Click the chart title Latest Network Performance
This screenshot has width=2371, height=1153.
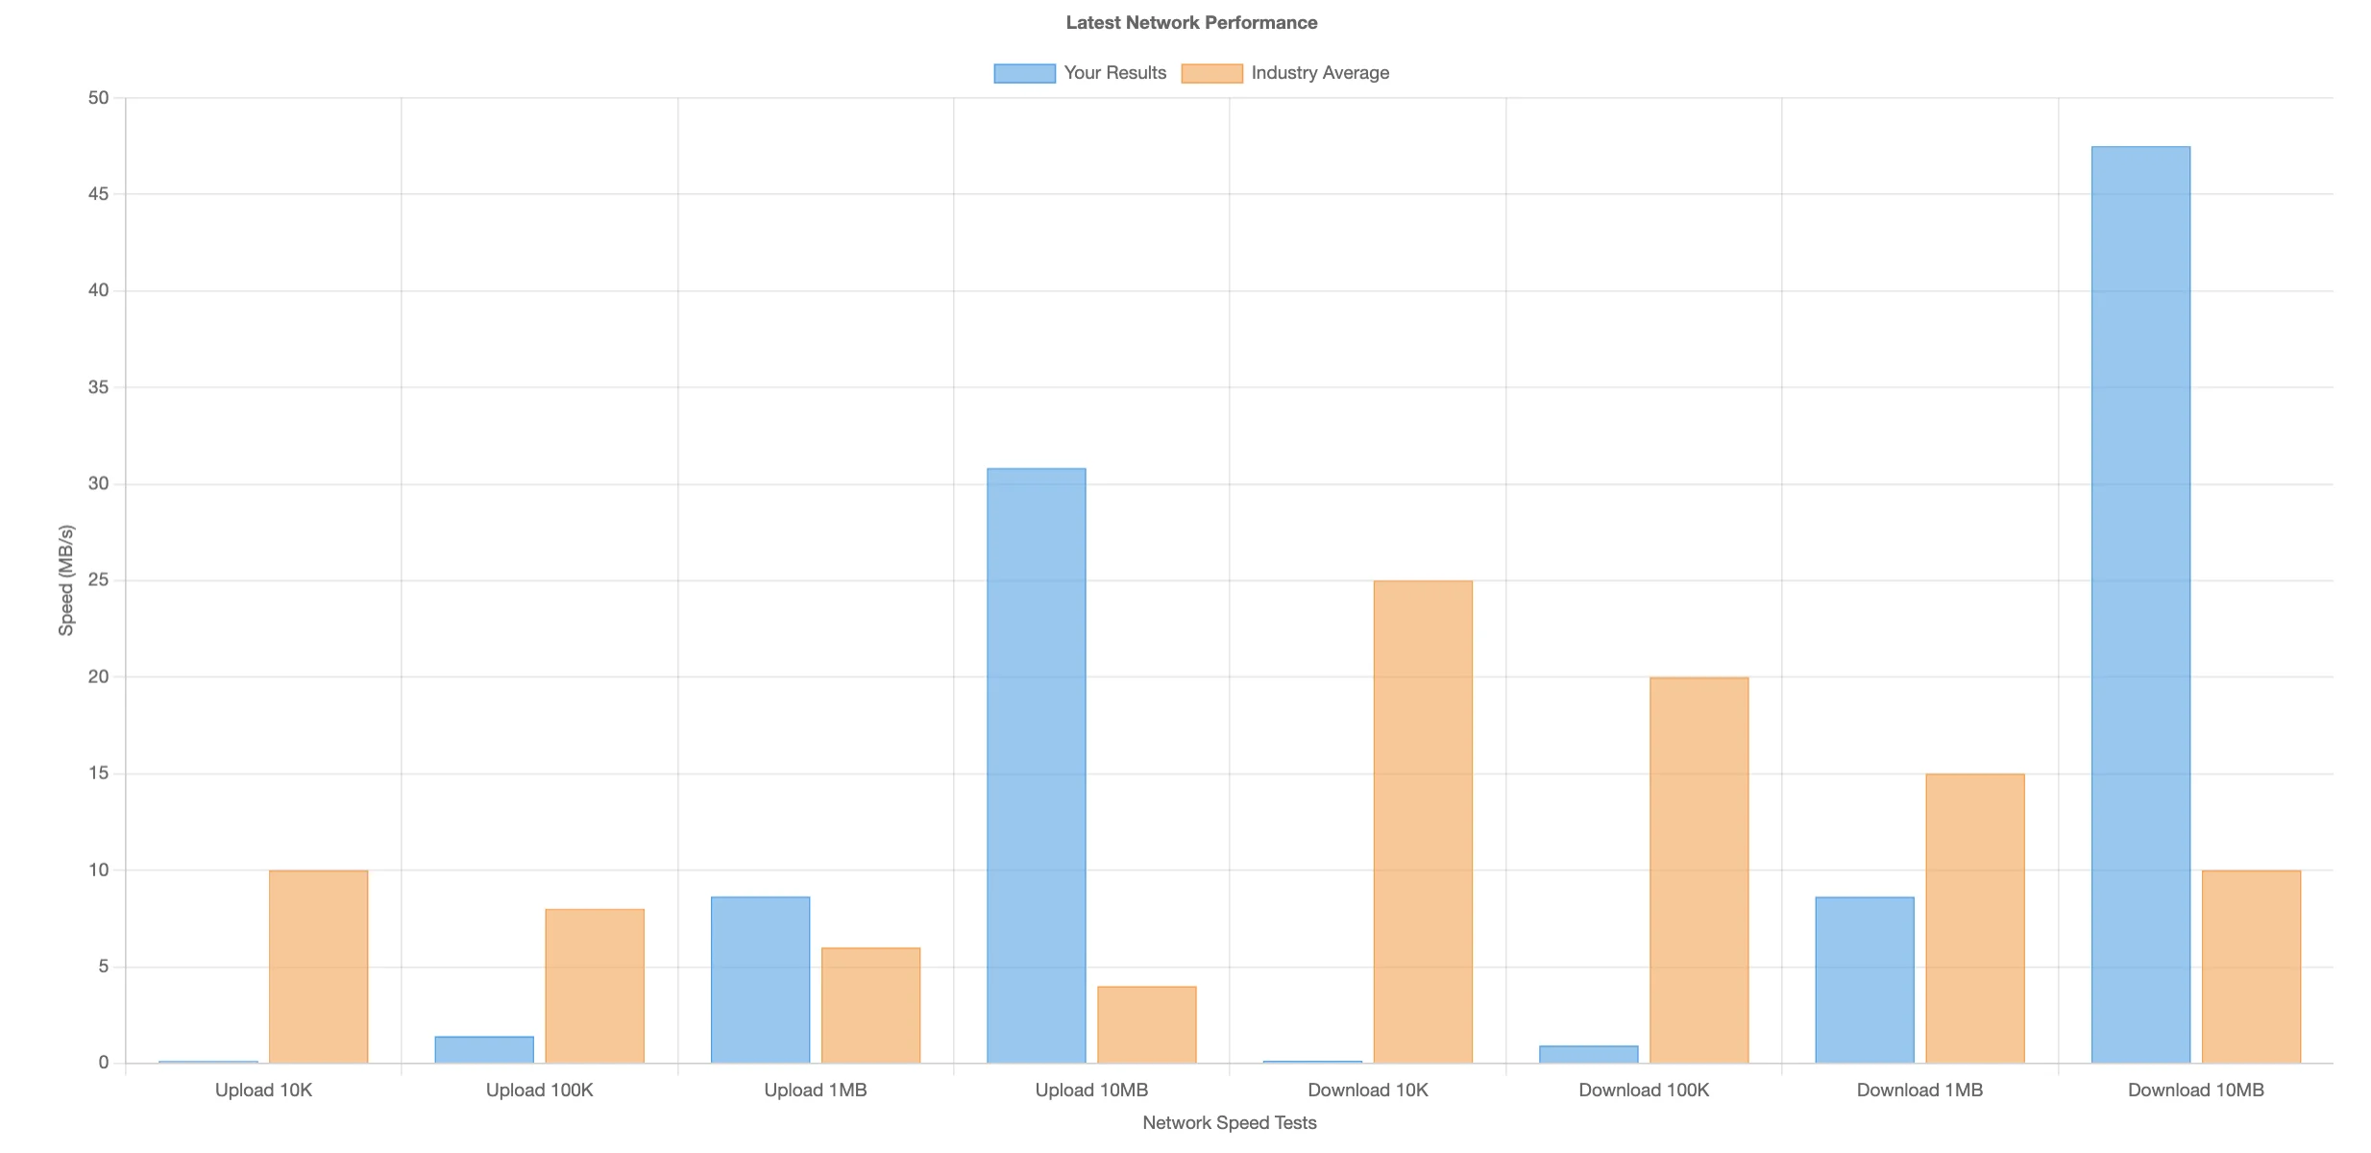[x=1191, y=22]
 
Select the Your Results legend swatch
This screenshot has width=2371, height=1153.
[x=1024, y=73]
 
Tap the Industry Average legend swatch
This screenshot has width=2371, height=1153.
[x=1211, y=73]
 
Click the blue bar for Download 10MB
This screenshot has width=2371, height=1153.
[x=2140, y=604]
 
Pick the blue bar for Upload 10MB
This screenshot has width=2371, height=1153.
[x=1037, y=766]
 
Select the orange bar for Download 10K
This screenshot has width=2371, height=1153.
[x=1423, y=822]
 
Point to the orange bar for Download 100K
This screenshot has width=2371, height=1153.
[x=1699, y=871]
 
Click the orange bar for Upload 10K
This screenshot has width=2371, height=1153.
[x=318, y=967]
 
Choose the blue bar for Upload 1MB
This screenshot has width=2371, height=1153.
[x=760, y=980]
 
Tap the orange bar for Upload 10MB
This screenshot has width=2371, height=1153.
[x=1147, y=1024]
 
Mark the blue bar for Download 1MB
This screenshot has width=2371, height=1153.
[x=1865, y=980]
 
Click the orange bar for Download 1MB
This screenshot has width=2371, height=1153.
[x=1975, y=919]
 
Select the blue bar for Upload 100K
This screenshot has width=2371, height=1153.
[x=484, y=1049]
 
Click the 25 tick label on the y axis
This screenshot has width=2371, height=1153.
[x=98, y=580]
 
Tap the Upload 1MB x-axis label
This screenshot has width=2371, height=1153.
[x=816, y=1091]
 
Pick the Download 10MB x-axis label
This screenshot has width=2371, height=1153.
[x=2196, y=1091]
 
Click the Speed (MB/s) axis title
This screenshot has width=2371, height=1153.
[x=66, y=580]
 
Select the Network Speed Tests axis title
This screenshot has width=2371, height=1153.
[x=1230, y=1123]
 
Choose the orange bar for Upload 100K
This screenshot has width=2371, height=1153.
[x=595, y=986]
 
